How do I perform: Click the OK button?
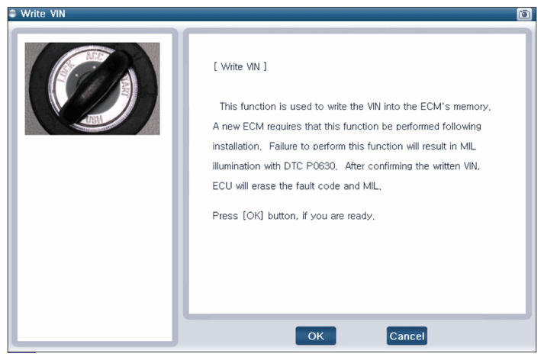[x=316, y=336]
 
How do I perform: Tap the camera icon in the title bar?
[x=524, y=14]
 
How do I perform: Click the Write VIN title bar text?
[x=43, y=14]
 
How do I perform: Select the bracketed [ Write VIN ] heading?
[x=240, y=66]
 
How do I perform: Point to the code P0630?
[x=321, y=166]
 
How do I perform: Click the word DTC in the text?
[x=293, y=166]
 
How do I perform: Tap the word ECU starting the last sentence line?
[x=222, y=186]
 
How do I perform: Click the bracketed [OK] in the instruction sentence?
[x=253, y=216]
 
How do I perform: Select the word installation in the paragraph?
[x=237, y=146]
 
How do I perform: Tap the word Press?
[x=225, y=216]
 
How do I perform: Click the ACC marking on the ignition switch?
[x=95, y=55]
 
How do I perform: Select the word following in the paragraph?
[x=462, y=127]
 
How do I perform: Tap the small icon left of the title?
[x=13, y=14]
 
